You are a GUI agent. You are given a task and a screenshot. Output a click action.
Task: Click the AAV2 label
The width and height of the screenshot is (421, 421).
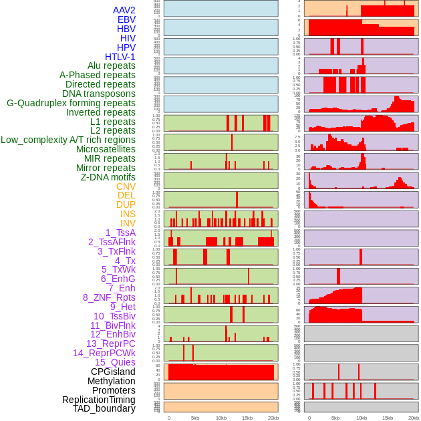point(124,10)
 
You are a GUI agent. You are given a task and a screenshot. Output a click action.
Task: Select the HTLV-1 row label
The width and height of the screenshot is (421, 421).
point(120,57)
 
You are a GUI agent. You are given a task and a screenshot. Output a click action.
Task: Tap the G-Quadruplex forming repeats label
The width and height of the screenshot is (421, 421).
point(71,103)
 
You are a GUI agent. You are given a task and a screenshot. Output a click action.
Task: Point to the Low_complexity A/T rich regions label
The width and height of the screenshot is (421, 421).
point(68,140)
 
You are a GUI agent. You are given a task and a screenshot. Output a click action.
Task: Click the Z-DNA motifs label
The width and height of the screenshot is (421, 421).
point(108,177)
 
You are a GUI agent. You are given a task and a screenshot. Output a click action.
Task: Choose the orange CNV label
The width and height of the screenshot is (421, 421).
point(126,186)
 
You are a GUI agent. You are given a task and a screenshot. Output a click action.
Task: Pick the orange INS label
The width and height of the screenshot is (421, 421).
point(128,214)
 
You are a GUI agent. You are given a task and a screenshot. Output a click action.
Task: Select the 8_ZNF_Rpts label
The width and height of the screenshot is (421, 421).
point(109,297)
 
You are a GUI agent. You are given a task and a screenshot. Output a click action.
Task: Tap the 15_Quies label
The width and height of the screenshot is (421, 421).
point(115,362)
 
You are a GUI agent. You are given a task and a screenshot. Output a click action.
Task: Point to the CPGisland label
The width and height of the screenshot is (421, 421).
point(113,372)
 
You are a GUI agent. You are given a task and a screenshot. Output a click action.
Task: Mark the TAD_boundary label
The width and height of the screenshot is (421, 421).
point(104,408)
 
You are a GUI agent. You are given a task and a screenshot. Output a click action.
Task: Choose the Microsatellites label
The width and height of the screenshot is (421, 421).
point(106,149)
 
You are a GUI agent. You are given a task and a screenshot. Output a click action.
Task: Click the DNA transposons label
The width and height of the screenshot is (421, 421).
point(99,94)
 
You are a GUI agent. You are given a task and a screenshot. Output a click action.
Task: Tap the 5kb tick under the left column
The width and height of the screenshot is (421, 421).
point(195,418)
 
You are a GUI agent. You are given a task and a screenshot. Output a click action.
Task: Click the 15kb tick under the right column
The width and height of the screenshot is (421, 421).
point(388,418)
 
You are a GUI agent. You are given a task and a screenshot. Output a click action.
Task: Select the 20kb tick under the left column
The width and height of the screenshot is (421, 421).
point(273,418)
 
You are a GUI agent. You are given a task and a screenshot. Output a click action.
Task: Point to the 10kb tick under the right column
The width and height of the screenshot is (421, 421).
point(362,418)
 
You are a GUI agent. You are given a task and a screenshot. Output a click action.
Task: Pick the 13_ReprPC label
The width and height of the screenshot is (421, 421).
point(111,343)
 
